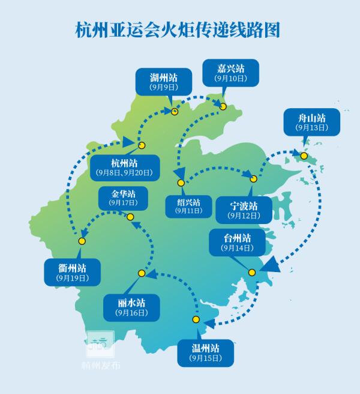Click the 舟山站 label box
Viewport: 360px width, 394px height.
click(311, 122)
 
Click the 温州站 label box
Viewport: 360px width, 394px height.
click(205, 353)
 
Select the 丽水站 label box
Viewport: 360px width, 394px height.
click(131, 306)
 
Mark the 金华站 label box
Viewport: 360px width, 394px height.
click(123, 198)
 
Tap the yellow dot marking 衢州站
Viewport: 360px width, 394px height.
click(82, 241)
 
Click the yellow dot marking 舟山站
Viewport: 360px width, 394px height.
click(304, 156)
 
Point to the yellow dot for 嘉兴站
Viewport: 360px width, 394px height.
click(223, 107)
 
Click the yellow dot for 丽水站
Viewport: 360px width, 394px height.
click(142, 273)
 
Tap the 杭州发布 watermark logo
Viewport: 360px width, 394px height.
click(100, 345)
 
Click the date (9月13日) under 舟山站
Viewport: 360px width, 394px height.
click(311, 127)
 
